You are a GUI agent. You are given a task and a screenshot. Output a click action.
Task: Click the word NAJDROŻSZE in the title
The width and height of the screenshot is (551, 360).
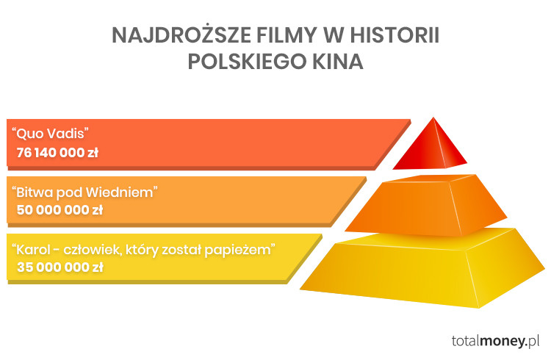(181, 35)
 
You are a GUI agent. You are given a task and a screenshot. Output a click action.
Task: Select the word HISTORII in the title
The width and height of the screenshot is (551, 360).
(395, 35)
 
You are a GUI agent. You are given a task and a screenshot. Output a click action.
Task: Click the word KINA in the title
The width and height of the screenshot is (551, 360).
(338, 62)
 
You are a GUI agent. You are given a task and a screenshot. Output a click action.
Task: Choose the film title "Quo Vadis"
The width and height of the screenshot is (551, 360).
(50, 134)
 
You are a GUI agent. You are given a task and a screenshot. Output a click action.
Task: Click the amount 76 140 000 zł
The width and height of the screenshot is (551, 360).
(57, 153)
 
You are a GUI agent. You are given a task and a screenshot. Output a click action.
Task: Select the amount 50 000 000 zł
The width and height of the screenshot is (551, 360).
(60, 210)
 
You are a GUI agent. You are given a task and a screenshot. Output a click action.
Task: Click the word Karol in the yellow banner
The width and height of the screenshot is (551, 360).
(32, 250)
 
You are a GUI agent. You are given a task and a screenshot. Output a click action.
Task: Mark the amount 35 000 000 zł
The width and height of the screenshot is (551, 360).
(60, 267)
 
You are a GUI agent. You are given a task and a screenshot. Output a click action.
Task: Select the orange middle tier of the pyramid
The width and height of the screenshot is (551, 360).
(426, 205)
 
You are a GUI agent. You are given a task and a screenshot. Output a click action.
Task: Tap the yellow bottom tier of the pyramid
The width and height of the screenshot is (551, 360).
(422, 268)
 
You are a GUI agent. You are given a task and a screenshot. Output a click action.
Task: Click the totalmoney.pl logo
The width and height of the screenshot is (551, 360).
(495, 341)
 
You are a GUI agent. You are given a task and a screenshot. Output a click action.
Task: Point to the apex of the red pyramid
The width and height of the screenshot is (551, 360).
(433, 118)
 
